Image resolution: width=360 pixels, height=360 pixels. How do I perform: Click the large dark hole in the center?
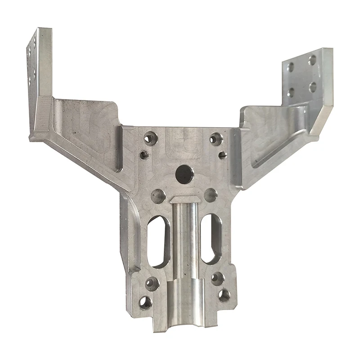(184, 174)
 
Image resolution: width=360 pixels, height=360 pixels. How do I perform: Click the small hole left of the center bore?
(144, 155)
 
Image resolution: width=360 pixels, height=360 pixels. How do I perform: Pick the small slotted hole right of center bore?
(222, 156)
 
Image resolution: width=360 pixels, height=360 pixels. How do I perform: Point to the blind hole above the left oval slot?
(158, 195)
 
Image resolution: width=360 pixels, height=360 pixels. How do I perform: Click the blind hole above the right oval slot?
(210, 195)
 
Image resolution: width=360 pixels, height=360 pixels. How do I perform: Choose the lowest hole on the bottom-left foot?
(145, 302)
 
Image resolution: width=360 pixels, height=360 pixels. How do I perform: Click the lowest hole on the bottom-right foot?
(224, 295)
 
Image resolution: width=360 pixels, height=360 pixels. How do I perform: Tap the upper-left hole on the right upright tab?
(290, 67)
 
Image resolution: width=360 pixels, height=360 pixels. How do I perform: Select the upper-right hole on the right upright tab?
(312, 60)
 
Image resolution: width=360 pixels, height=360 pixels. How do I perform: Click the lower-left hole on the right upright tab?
(291, 93)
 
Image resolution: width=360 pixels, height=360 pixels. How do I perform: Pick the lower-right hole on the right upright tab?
(313, 86)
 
